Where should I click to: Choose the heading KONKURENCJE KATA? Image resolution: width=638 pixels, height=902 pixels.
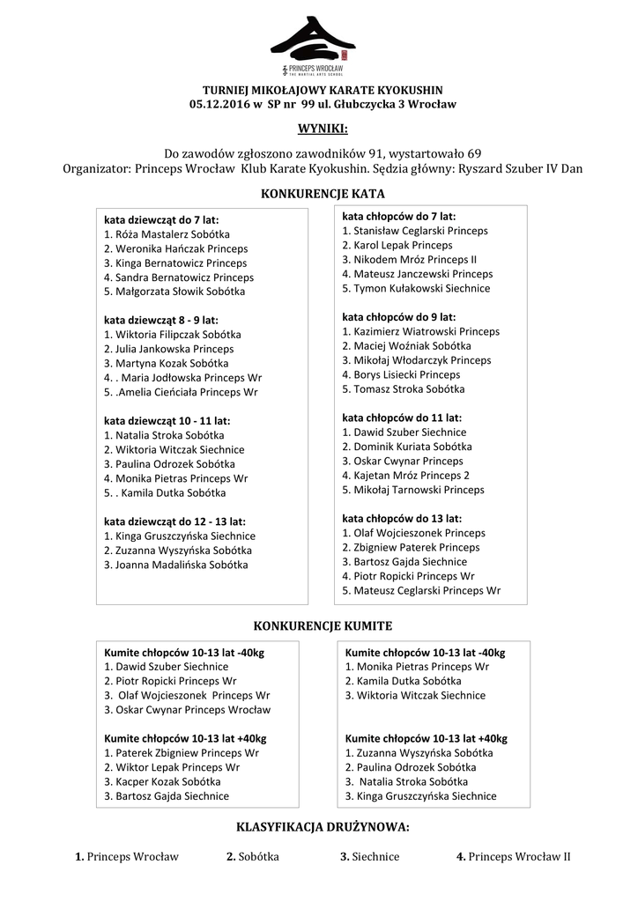point(323,193)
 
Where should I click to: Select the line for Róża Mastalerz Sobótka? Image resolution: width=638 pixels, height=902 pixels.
point(167,234)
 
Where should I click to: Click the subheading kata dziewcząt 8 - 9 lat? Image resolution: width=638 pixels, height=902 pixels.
point(160,320)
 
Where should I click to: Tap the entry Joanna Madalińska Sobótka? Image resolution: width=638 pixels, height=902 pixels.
point(175,565)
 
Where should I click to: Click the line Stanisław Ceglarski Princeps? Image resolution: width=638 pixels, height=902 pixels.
point(415,231)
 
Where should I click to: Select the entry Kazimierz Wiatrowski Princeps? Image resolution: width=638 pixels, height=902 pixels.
point(420,331)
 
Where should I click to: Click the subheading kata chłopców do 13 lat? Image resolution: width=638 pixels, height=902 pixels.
point(401,519)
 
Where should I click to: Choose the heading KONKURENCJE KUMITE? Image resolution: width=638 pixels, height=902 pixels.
point(323,625)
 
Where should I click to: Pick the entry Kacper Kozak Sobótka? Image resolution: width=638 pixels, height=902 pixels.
point(162,781)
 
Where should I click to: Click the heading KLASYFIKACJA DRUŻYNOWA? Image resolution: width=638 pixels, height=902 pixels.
point(323,828)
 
